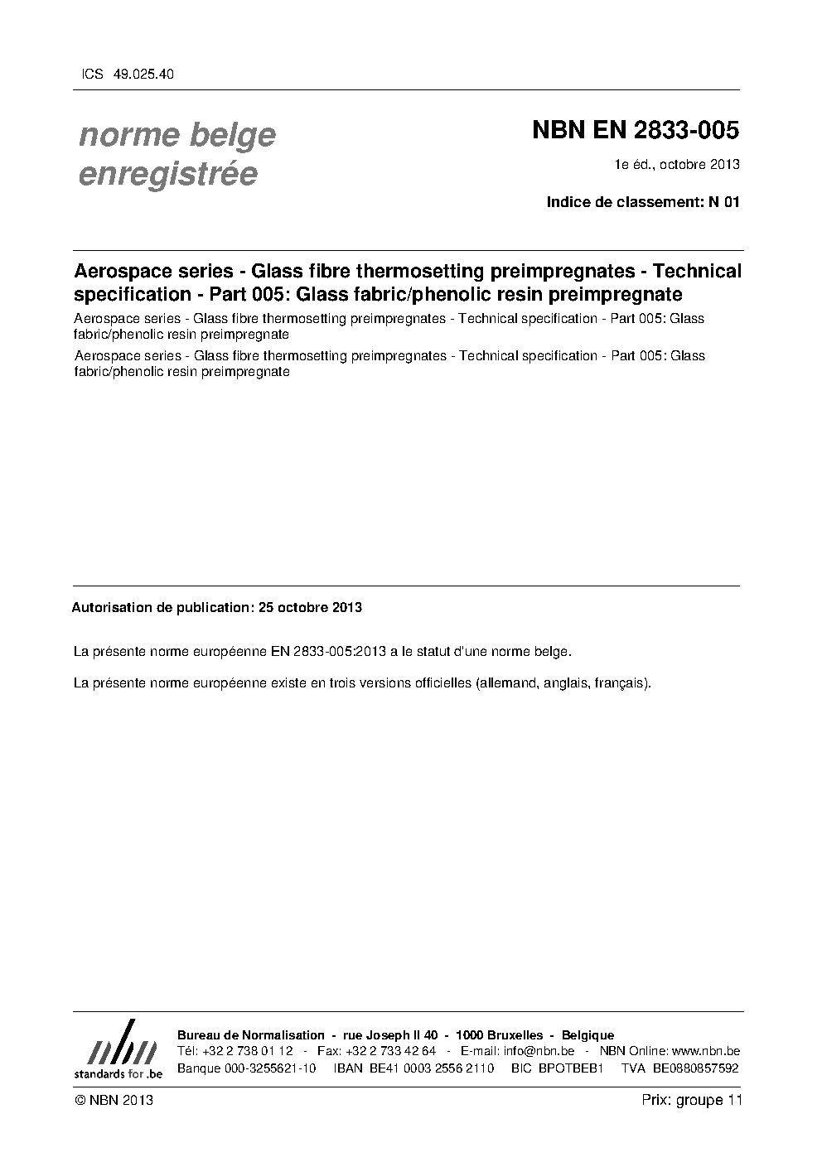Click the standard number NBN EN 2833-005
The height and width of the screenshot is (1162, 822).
click(636, 131)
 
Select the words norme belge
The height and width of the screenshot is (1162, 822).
click(177, 135)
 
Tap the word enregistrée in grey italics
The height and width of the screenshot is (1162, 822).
click(167, 175)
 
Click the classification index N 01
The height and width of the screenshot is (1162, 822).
click(723, 202)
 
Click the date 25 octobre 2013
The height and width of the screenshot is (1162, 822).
click(310, 607)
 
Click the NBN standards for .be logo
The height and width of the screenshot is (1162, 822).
click(118, 1051)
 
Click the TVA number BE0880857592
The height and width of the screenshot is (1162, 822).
click(696, 1068)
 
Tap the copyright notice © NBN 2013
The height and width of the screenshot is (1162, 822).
click(114, 1100)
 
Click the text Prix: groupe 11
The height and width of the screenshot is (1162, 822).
click(692, 1100)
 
